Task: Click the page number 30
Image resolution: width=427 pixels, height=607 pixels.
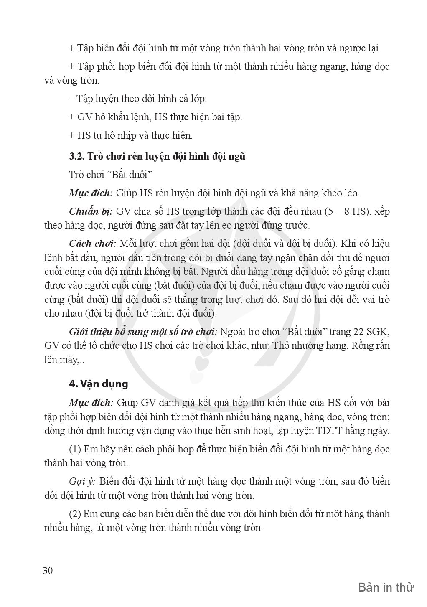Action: click(x=48, y=571)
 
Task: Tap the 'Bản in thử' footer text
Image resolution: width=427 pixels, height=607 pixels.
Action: click(x=386, y=588)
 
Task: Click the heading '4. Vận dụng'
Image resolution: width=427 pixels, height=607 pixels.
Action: click(x=98, y=384)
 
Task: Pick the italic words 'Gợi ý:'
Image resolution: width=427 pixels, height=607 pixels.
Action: click(x=82, y=481)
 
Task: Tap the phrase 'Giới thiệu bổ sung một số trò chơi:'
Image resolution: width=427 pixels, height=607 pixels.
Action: click(x=143, y=332)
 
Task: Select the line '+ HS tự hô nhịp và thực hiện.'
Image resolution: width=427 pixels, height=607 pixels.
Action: click(x=130, y=135)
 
